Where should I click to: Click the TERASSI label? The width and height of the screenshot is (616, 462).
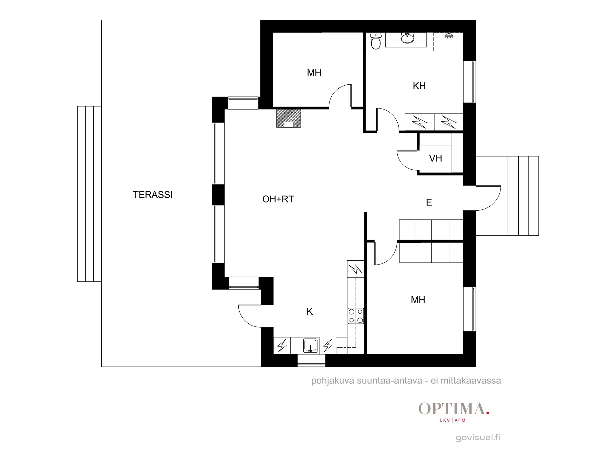pos(153,195)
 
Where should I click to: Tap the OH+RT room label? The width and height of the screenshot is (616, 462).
pos(278,199)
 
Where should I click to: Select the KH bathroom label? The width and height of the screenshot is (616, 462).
pos(419,86)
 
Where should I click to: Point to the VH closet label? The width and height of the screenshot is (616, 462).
pos(436,158)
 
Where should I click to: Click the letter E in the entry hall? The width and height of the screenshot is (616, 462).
pos(429,202)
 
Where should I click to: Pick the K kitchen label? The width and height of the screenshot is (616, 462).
pos(310,312)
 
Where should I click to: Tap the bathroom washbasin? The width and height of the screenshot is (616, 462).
pos(407,38)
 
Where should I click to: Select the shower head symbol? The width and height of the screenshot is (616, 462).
pos(449,37)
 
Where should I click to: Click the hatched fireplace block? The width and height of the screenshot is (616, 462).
pos(289,118)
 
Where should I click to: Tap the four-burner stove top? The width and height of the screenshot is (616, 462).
pos(356,316)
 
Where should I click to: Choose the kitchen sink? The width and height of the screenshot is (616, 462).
pos(310,345)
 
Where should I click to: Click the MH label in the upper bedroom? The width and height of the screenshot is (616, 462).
pos(314,73)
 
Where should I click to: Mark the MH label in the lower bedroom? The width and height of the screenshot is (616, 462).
pos(418,300)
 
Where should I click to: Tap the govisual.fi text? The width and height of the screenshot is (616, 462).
pos(478,437)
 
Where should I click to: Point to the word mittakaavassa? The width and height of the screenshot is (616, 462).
pos(471,381)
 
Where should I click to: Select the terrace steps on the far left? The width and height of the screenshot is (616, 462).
pos(89,194)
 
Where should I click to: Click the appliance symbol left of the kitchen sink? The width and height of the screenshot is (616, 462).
pos(282,346)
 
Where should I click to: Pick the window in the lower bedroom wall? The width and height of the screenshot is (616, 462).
pos(469,309)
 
